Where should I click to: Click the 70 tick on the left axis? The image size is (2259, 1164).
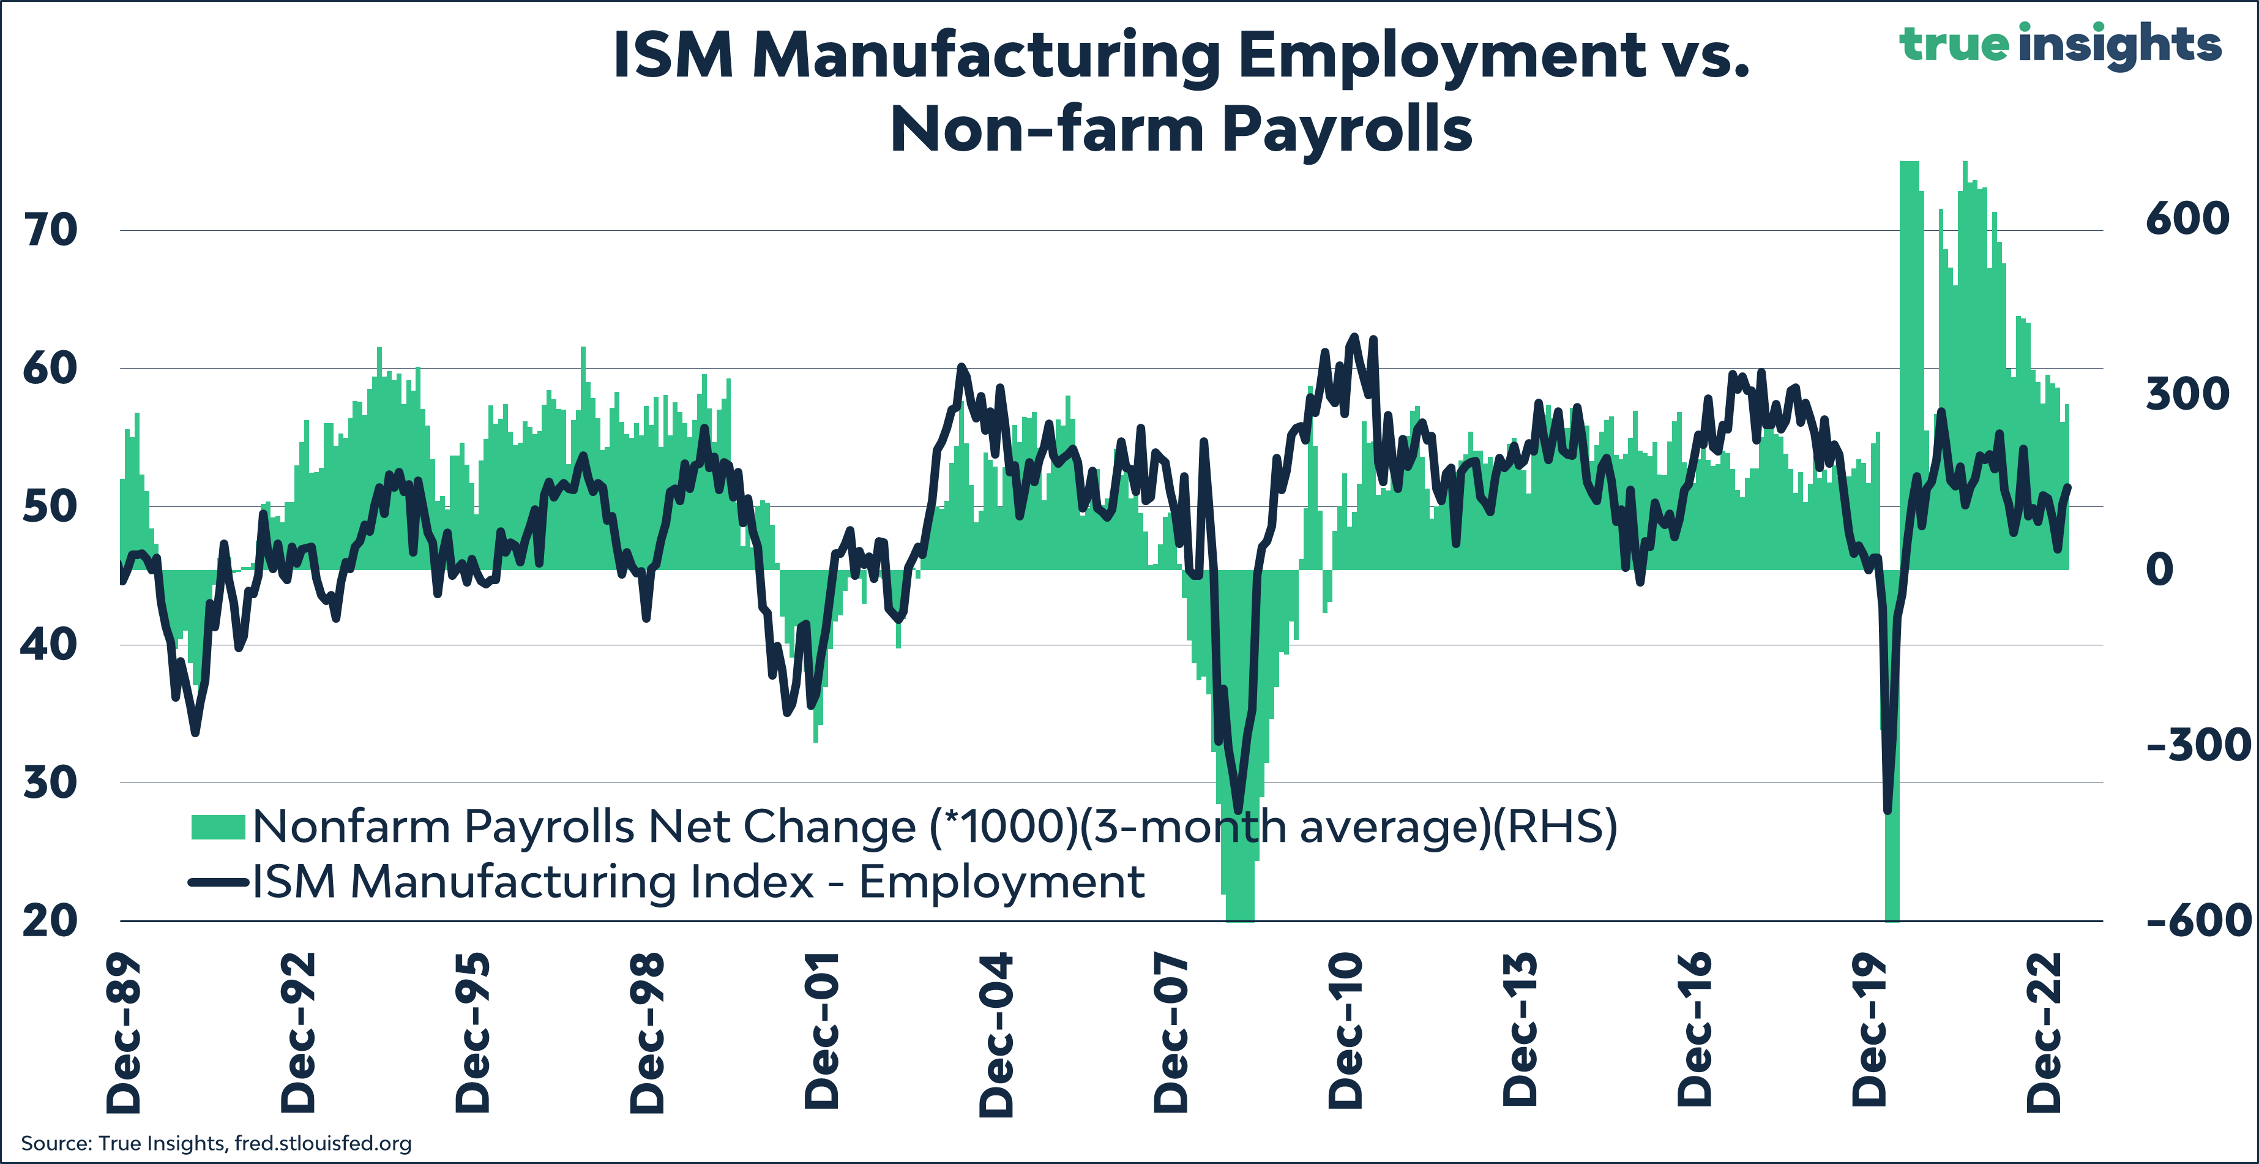(50, 231)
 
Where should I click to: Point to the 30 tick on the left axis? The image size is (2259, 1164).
(50, 783)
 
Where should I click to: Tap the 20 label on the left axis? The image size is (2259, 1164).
(50, 921)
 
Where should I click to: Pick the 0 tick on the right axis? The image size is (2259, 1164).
(2159, 570)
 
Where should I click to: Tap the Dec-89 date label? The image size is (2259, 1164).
(124, 1034)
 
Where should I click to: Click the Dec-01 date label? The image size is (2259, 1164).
(823, 1034)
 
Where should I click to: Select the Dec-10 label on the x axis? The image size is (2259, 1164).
(1346, 1034)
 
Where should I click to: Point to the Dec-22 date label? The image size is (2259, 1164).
(2045, 1034)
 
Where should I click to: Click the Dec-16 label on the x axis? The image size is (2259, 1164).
(1695, 1034)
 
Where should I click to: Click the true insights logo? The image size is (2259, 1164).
(2060, 44)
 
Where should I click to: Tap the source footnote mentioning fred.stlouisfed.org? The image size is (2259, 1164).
(215, 1143)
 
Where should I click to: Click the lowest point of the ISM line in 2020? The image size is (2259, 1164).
(1887, 811)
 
